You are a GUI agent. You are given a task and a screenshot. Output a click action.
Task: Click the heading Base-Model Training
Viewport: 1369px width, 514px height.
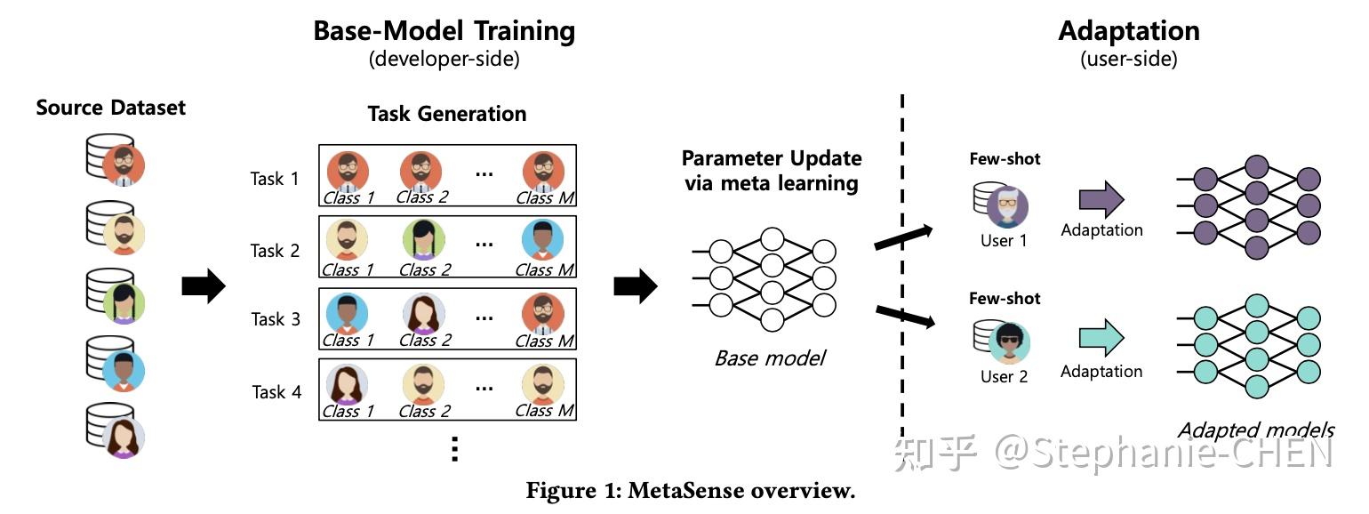(x=444, y=31)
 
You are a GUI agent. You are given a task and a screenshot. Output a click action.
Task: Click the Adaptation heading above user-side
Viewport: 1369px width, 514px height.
(x=1128, y=31)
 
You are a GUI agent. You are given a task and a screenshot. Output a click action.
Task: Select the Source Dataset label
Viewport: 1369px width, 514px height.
(x=111, y=108)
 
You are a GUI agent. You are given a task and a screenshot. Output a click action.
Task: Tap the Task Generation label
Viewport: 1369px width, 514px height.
(x=446, y=114)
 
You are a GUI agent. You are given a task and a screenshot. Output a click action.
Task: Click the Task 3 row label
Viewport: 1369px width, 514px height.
(x=276, y=319)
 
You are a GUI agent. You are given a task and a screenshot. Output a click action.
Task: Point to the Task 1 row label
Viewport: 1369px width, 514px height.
(x=275, y=179)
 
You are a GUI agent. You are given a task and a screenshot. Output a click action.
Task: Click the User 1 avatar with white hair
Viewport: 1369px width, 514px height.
(x=1007, y=207)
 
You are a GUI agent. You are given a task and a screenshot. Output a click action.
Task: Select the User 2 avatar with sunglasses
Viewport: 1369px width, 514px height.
(x=1008, y=343)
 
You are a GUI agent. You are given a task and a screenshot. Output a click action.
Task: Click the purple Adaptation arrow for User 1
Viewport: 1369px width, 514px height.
(x=1101, y=200)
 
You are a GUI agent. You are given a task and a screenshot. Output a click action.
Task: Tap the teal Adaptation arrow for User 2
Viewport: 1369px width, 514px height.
(x=1101, y=339)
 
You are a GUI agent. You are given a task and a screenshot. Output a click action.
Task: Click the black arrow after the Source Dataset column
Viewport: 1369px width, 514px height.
(x=204, y=285)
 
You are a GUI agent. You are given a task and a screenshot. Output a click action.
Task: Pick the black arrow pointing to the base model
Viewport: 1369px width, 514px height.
(x=635, y=285)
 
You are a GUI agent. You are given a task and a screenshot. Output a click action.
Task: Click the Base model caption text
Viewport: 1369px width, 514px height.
(x=770, y=358)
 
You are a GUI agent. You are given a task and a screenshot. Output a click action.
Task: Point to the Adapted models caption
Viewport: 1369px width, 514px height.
(x=1255, y=430)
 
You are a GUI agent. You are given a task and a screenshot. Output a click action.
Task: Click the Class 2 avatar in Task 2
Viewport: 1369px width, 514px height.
(x=424, y=241)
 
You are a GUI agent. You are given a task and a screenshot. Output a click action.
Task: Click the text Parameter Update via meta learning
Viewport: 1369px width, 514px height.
(x=772, y=171)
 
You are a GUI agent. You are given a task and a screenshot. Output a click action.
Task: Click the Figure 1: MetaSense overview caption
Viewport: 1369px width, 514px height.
(x=690, y=491)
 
